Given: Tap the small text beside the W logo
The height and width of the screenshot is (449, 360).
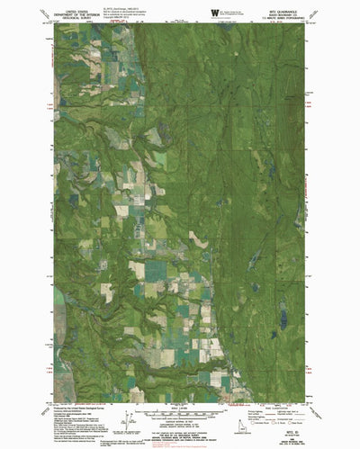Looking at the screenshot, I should pos(232,12).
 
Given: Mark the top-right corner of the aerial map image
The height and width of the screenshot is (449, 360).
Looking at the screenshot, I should pos(305,23).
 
